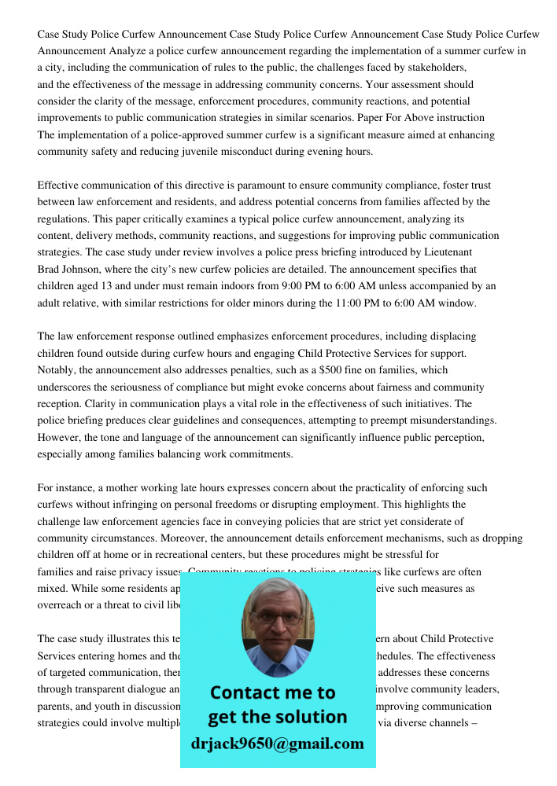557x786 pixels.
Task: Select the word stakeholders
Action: click(435, 68)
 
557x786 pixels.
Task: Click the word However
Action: click(60, 437)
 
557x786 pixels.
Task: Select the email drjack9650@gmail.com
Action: click(278, 744)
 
